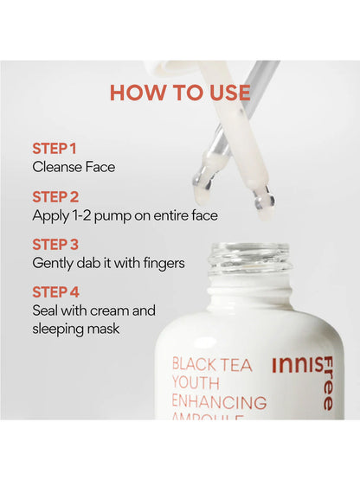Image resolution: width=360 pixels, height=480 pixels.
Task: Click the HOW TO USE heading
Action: click(x=179, y=93)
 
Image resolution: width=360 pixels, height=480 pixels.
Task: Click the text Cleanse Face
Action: click(x=73, y=167)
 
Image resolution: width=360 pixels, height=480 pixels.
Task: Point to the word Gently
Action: click(x=54, y=263)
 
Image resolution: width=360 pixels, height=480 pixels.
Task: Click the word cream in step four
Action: click(x=109, y=310)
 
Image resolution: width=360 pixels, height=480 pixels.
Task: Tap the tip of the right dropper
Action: click(x=265, y=202)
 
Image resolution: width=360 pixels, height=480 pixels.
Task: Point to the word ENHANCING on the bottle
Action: click(x=219, y=402)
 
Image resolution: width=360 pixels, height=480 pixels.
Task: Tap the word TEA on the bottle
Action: click(x=236, y=365)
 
